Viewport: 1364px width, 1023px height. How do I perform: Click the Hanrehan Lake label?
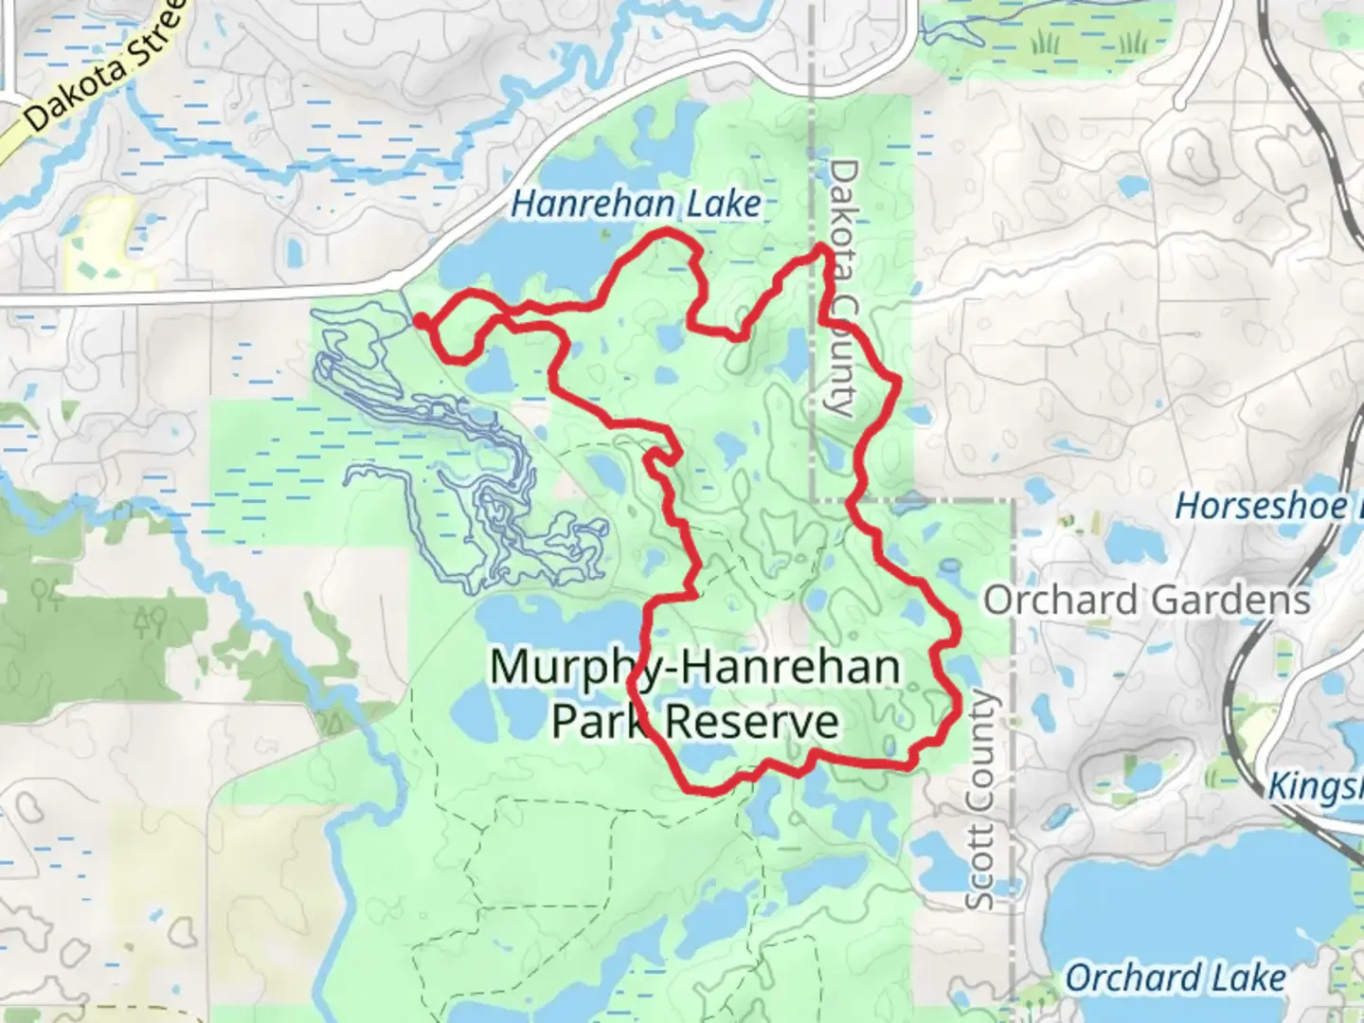pos(636,204)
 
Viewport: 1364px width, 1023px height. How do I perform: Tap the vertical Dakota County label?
pos(842,287)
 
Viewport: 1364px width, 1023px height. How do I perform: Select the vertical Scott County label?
pos(981,800)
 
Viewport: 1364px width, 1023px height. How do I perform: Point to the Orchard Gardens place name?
pos(1146,600)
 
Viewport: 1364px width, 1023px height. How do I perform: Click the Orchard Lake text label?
pos(1176,978)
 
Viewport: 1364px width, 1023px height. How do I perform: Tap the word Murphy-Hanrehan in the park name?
pos(694,668)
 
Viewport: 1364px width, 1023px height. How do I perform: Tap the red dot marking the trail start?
pos(420,321)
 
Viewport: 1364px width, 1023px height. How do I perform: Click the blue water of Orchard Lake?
pos(1184,909)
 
